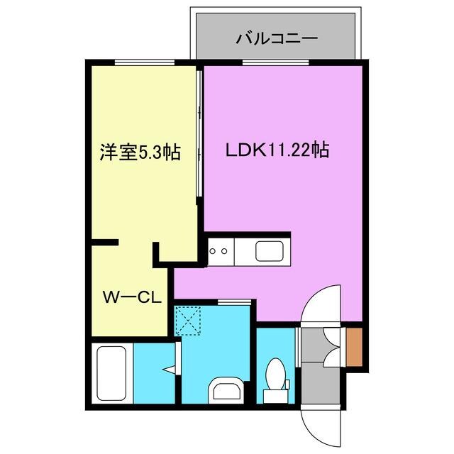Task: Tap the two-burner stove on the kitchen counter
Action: [x=218, y=250]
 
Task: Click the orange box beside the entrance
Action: [x=355, y=348]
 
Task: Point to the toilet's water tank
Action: [x=272, y=394]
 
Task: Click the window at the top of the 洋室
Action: [x=145, y=63]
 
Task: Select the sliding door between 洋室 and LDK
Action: [x=199, y=135]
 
